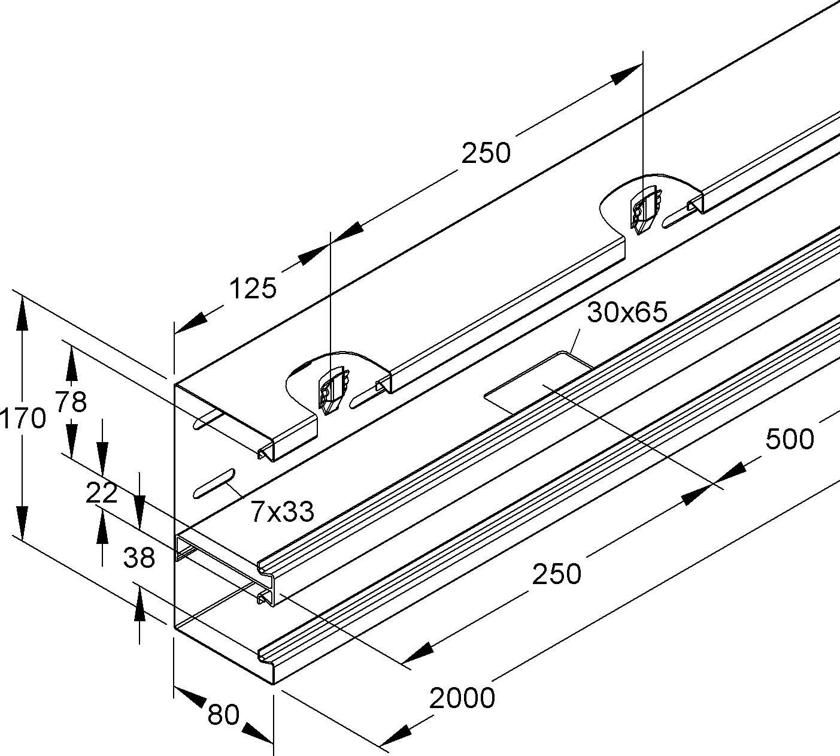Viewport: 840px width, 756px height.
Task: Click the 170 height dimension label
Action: click(23, 418)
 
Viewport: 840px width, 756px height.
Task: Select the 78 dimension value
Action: click(71, 401)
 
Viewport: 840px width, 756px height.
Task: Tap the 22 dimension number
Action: click(101, 493)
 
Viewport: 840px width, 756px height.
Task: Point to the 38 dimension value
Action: click(139, 558)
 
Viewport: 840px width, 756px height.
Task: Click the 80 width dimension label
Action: click(224, 715)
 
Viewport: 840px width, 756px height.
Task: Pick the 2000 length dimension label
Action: click(462, 698)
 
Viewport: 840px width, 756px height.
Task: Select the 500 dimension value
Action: click(789, 439)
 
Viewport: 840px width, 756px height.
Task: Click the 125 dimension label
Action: click(253, 289)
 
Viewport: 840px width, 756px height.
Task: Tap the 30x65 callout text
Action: click(627, 312)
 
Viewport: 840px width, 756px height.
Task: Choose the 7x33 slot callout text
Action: click(282, 512)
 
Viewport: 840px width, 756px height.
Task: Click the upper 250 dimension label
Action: click(486, 153)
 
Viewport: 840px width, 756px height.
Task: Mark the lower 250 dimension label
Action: click(556, 574)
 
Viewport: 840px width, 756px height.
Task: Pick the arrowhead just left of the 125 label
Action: click(190, 324)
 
